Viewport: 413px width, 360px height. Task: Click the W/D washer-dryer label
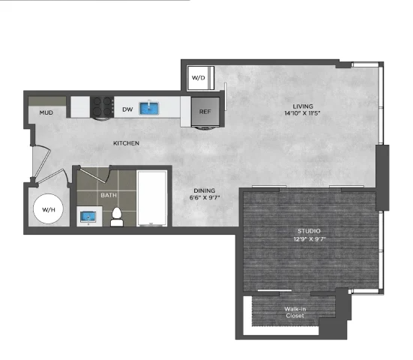(x=199, y=78)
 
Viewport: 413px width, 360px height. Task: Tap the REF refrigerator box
(x=205, y=112)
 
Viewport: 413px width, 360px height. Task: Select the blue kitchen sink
(x=149, y=108)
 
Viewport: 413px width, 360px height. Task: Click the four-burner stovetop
(x=102, y=107)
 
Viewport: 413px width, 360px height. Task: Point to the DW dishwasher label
(x=127, y=109)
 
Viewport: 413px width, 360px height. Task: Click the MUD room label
(x=46, y=112)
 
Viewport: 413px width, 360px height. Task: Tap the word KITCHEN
(x=126, y=143)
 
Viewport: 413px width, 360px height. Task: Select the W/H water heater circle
(x=48, y=209)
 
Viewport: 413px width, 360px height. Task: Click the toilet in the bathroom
(x=117, y=217)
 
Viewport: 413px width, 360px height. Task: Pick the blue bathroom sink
(x=88, y=217)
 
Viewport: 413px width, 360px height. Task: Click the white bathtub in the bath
(x=152, y=198)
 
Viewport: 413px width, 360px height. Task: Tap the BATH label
(x=109, y=195)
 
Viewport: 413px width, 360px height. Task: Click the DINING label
(x=205, y=190)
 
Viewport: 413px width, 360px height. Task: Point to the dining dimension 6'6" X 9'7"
(x=205, y=198)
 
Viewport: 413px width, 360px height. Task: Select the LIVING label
(x=303, y=106)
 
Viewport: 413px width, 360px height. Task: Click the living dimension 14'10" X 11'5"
(x=302, y=113)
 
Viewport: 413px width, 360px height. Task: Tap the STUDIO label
(x=309, y=231)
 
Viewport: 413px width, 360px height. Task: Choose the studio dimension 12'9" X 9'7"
(x=310, y=239)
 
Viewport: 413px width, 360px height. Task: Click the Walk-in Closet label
(x=295, y=312)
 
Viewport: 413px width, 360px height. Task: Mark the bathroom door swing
(x=95, y=174)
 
